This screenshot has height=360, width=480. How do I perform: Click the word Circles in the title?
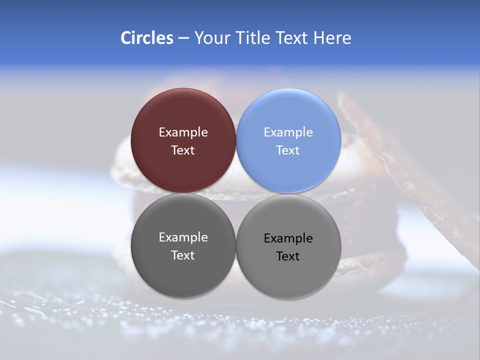[146, 38]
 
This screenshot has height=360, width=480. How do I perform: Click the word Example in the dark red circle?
[183, 132]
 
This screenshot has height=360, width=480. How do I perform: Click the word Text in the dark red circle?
[183, 150]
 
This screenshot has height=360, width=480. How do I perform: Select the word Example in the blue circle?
[288, 132]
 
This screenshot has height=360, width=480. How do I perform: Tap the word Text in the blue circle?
[288, 150]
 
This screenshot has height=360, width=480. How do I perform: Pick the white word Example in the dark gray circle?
[183, 237]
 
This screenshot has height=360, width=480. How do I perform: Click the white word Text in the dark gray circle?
[183, 255]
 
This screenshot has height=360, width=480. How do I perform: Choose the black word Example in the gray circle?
[288, 238]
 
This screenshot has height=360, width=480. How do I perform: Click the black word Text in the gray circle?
[288, 256]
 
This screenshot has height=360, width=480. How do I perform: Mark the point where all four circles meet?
[236, 193]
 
